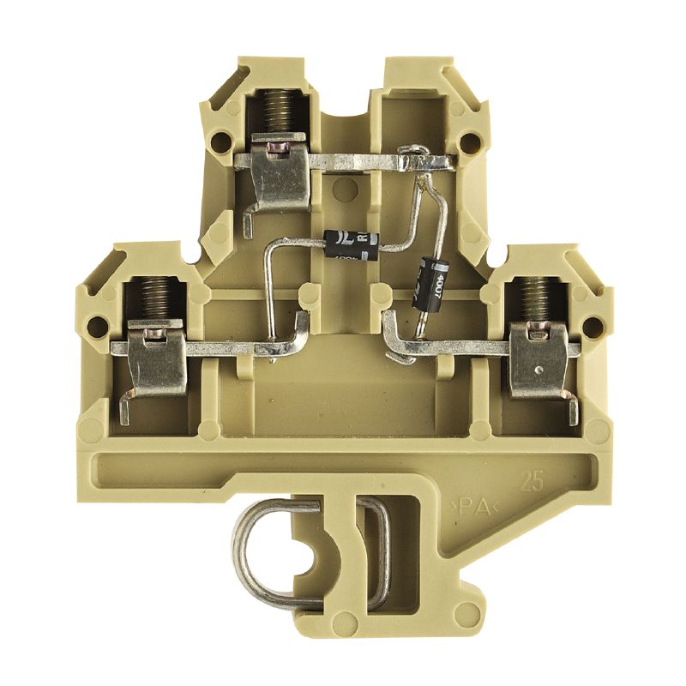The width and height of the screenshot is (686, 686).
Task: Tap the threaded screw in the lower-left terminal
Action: click(x=154, y=298)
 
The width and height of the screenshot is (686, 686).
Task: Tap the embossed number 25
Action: click(x=531, y=481)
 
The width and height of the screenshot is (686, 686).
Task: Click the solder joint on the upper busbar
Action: click(x=415, y=159)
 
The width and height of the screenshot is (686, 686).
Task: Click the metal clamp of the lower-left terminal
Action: click(x=154, y=360)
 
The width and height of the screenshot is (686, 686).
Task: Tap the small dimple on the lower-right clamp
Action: click(x=537, y=370)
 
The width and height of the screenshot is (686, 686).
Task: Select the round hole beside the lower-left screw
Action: click(x=99, y=325)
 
